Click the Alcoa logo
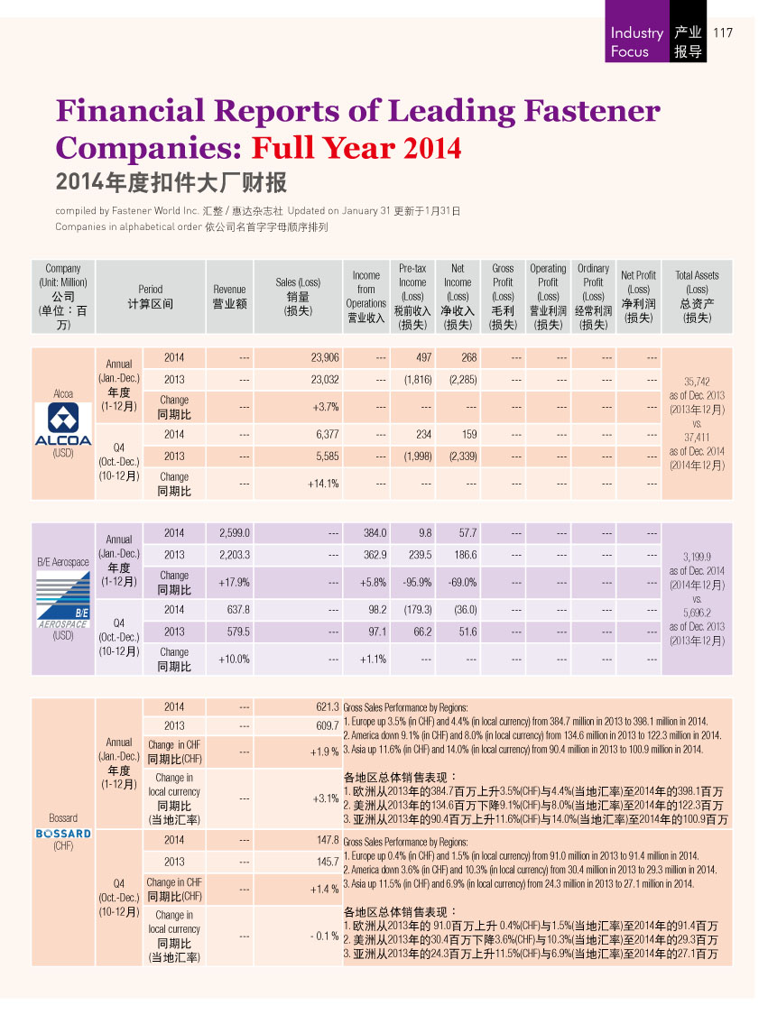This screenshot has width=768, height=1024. point(62,424)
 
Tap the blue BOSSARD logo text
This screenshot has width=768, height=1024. point(63,834)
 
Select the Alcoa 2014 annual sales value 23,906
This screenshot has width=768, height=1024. point(325,357)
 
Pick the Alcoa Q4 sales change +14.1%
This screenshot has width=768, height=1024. point(323,484)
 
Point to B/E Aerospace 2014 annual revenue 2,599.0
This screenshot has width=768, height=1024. point(235,533)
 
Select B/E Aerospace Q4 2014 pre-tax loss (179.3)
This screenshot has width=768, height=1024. point(418,609)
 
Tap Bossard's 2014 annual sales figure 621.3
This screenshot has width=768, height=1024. point(328,706)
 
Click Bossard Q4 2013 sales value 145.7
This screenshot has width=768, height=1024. point(328,862)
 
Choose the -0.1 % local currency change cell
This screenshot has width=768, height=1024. point(324,936)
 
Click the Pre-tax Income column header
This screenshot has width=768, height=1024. point(412,297)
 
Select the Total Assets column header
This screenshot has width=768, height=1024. point(697,297)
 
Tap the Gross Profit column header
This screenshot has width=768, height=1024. point(503,297)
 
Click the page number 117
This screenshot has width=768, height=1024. point(723,32)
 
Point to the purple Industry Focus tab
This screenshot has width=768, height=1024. point(637,32)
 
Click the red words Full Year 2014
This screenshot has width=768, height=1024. point(356,148)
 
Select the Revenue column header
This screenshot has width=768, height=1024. point(230,297)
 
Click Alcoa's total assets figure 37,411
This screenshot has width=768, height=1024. point(697,437)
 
